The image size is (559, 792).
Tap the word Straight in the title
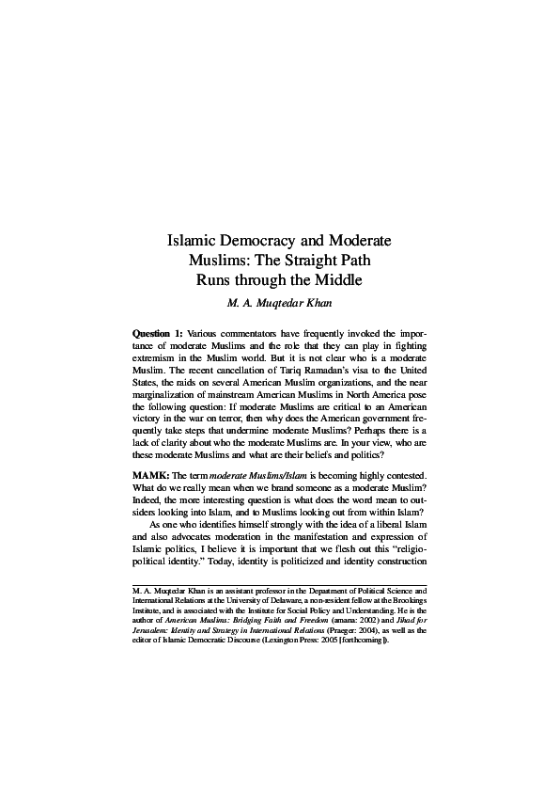pos(313,260)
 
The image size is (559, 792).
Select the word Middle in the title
pos(337,279)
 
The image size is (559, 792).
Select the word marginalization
pos(169,400)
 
